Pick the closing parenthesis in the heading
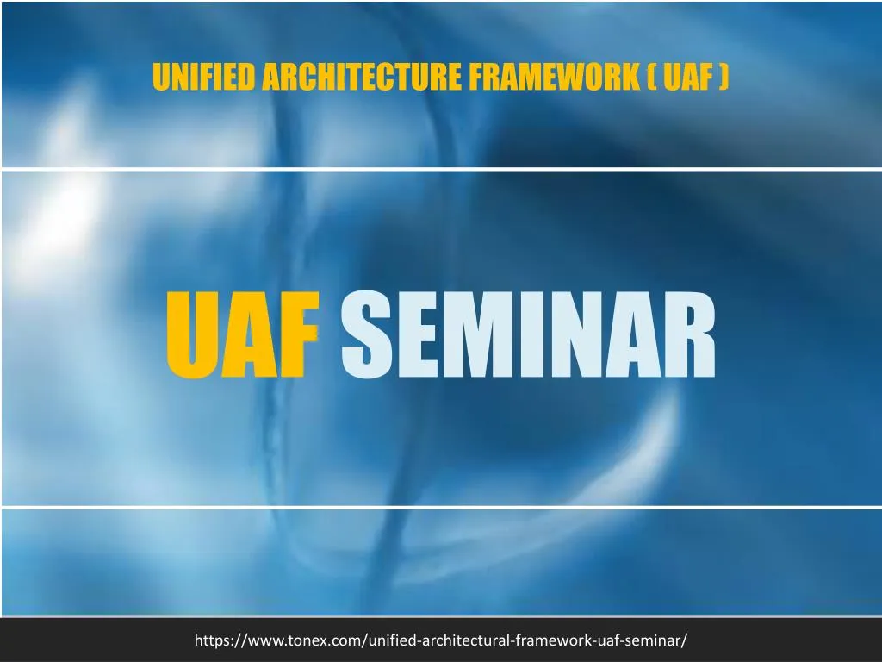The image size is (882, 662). [724, 78]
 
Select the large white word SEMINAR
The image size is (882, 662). [528, 335]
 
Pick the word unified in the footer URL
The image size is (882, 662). [393, 640]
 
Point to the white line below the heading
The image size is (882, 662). [441, 168]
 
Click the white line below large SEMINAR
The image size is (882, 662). [441, 507]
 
